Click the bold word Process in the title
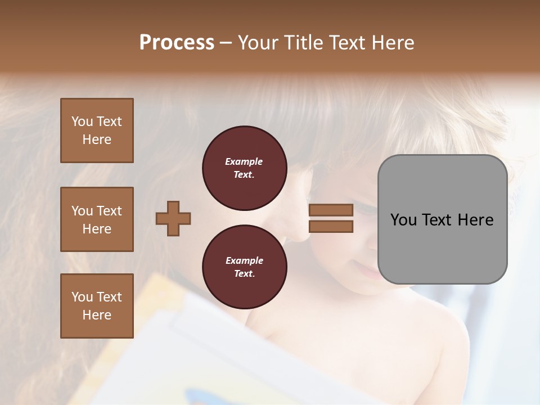pos(177,43)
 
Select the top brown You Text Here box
pos(97,130)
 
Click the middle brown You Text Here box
pos(97,219)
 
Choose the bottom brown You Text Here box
pos(97,306)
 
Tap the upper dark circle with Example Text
pos(244,168)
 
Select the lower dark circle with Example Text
pos(244,267)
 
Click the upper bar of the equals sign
pos(331,210)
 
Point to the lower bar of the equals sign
pos(331,227)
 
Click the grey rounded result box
pos(442,219)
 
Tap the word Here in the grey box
pos(475,220)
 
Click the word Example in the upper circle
pos(244,161)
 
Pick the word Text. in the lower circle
pos(244,274)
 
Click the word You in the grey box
pos(403,220)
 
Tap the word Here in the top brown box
pos(97,139)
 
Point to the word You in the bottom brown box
pos(82,297)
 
